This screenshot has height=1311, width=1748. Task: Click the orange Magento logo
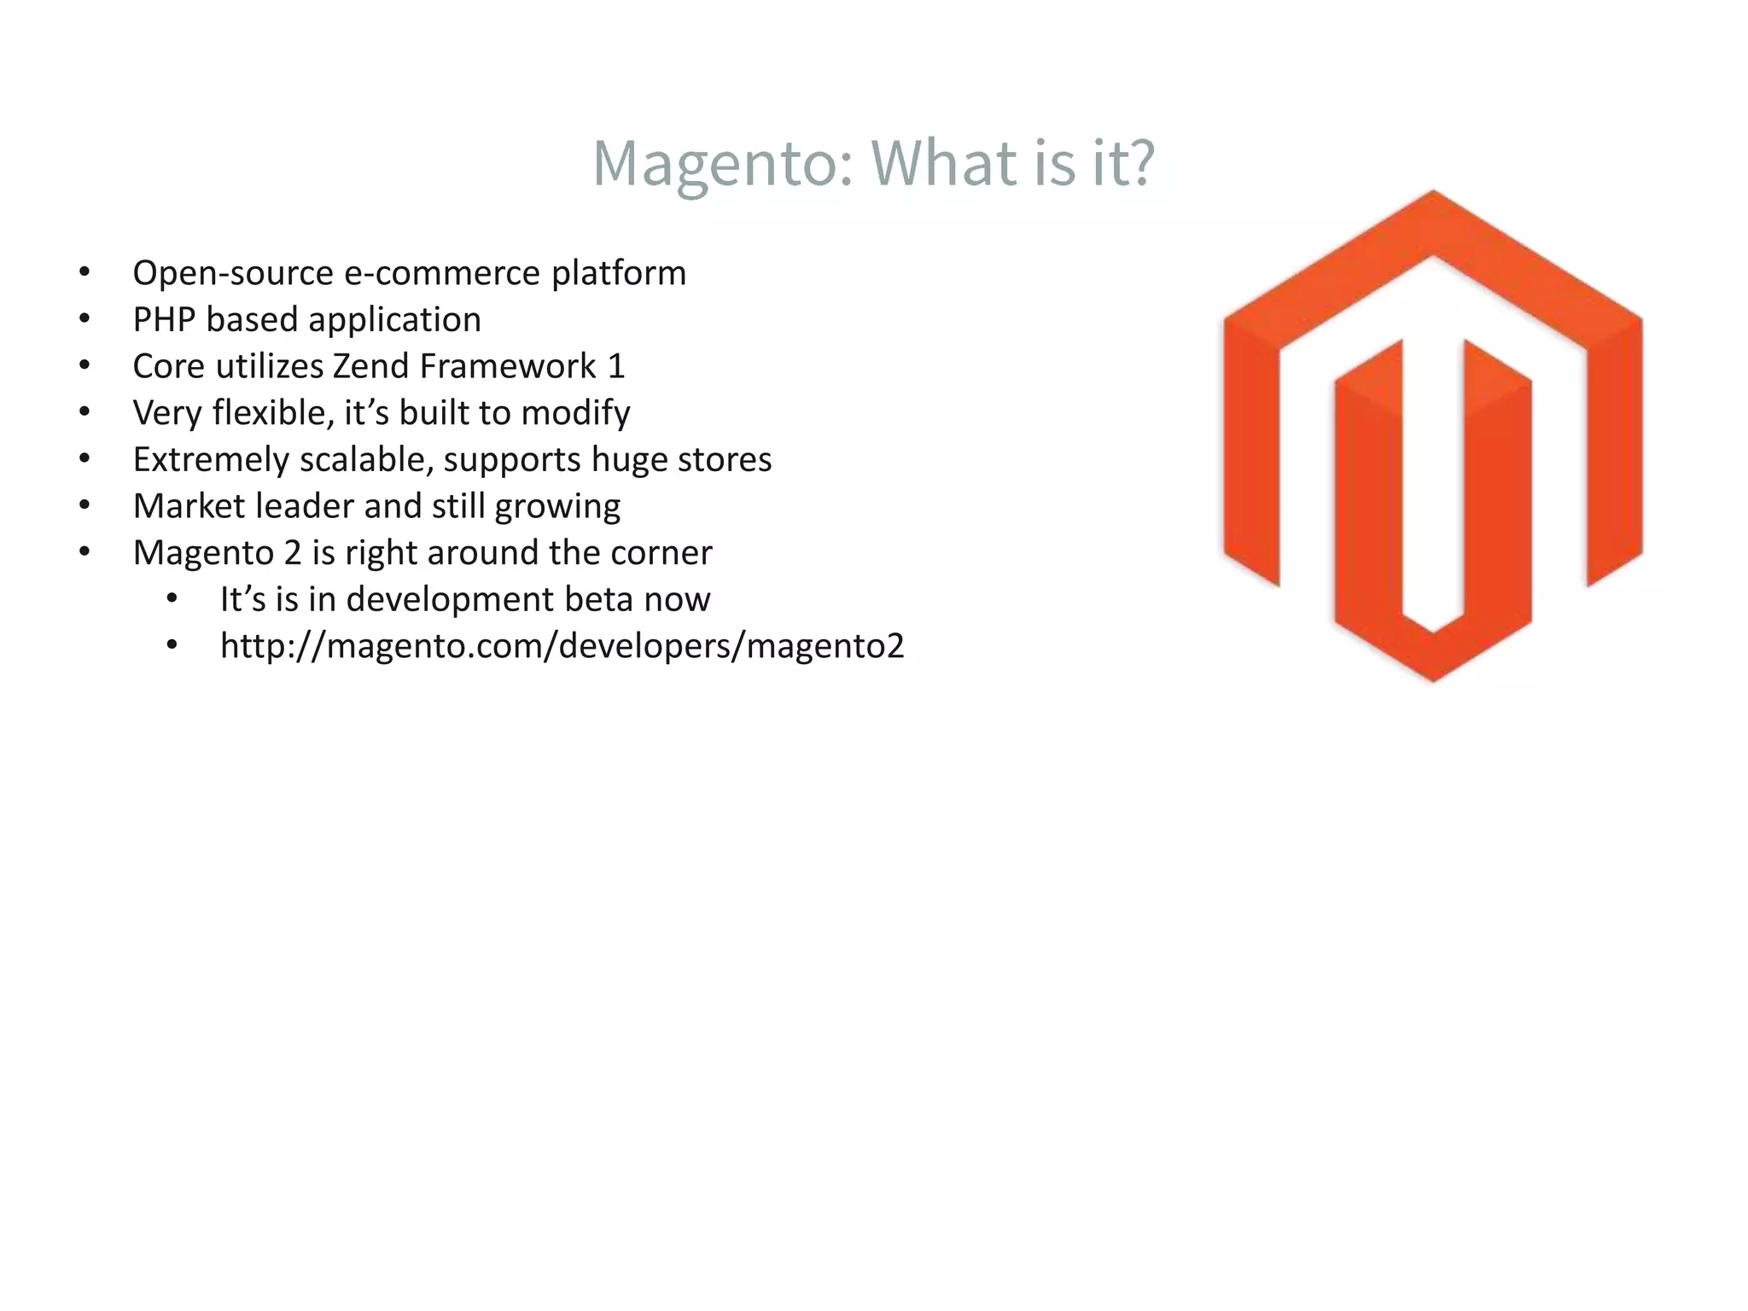[1432, 435]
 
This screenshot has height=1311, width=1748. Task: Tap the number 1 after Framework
[616, 366]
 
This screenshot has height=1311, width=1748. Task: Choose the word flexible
[272, 413]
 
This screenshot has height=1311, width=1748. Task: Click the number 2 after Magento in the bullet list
[293, 553]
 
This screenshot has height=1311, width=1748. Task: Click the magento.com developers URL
[562, 646]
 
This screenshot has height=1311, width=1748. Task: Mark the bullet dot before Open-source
[84, 273]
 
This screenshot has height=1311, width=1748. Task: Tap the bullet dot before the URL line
[172, 646]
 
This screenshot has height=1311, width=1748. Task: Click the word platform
[618, 273]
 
